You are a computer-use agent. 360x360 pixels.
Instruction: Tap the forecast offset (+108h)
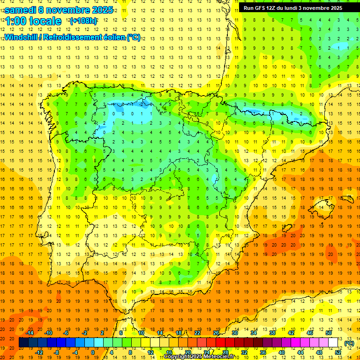83,21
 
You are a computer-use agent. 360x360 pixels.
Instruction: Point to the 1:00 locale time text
33,21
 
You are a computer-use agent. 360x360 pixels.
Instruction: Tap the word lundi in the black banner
297,8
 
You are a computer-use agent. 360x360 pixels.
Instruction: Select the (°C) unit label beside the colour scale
349,343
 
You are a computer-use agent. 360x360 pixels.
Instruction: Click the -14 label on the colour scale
30,333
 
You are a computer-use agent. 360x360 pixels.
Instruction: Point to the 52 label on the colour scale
338,352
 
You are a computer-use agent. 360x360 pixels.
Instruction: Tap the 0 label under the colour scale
93,352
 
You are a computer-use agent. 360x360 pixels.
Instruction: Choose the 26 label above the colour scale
216,333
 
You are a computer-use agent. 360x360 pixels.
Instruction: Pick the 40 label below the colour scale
282,352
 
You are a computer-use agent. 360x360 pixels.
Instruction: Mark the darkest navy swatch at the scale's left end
23,343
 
